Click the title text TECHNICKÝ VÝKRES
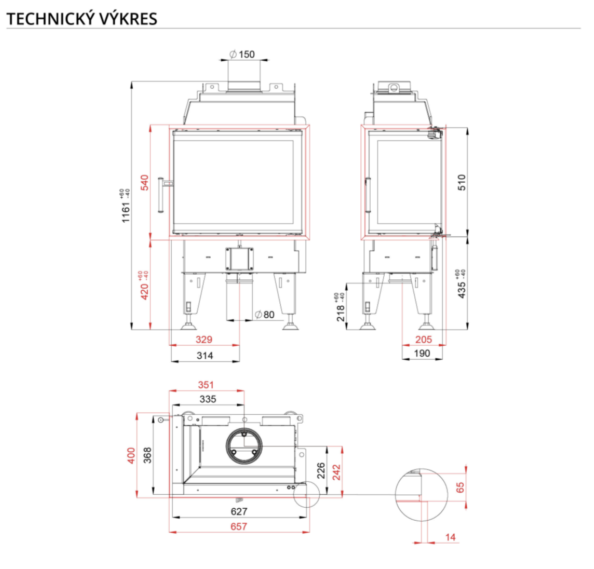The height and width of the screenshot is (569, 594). pos(82,19)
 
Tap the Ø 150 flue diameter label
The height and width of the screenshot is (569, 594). pos(242,54)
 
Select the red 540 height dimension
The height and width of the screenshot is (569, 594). pos(144,183)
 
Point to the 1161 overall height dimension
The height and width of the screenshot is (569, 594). pos(126,212)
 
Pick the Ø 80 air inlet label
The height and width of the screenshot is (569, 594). pos(265,314)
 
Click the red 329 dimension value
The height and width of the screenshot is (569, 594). pos(204,340)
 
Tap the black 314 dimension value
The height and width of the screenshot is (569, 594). pos(205,356)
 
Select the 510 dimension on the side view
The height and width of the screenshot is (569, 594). pos(462,182)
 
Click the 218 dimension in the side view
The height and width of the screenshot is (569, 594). pos(341,313)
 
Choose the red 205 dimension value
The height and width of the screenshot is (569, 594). pos(424,340)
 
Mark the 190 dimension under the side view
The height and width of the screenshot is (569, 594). pos(422,354)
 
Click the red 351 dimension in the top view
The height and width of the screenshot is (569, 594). pos(206,385)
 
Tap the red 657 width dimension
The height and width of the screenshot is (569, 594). pos(239,526)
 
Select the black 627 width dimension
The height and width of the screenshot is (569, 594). pos(239,511)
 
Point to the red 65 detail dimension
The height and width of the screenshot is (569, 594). pos(460,487)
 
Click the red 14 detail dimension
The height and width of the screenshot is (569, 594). pos(450,537)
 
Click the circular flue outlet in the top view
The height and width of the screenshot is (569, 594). pos(245,445)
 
